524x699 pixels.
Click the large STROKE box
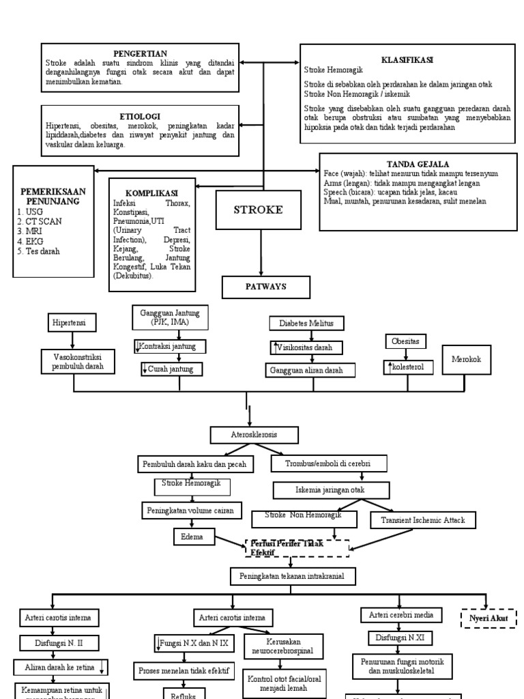(259, 210)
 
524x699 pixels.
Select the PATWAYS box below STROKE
(258, 287)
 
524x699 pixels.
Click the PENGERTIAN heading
(139, 53)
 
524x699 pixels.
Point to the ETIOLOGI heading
(139, 117)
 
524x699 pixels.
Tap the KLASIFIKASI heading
(407, 60)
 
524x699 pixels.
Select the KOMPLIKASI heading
(151, 193)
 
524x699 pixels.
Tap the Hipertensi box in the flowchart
(72, 322)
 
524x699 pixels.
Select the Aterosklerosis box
(254, 434)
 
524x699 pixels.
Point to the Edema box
(193, 537)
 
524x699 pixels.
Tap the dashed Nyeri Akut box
(488, 618)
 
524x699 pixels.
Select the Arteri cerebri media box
(401, 615)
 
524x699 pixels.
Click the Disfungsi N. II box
(58, 642)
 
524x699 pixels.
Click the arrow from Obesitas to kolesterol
(407, 354)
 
